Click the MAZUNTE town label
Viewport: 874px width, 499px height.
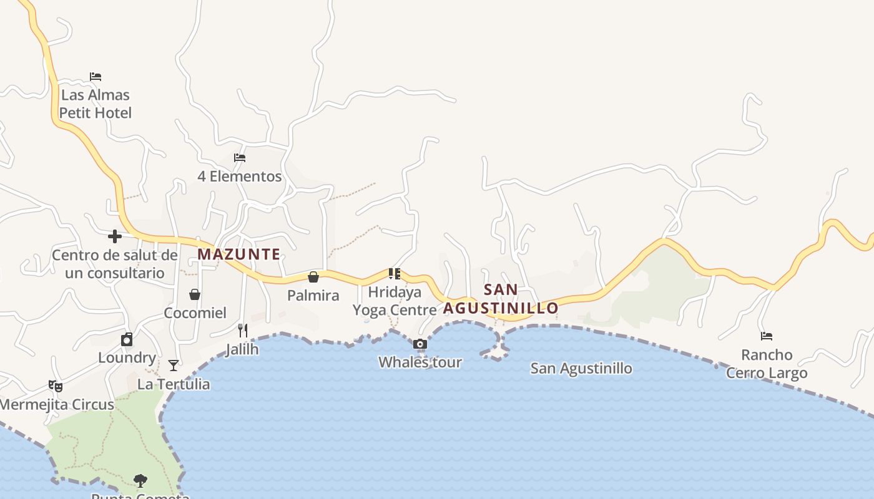point(239,254)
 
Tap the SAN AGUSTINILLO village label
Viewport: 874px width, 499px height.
point(501,299)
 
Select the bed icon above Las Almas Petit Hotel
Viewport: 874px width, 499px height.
point(96,77)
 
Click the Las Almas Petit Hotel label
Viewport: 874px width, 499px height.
point(96,104)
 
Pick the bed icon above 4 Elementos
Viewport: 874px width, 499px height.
point(239,158)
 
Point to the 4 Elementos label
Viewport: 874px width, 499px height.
point(240,177)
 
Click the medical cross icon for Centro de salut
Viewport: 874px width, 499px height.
point(115,236)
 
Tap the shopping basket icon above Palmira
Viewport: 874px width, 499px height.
point(313,277)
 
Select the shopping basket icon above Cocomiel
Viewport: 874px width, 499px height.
point(195,294)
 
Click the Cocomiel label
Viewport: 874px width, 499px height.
point(195,312)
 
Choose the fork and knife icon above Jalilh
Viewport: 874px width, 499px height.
point(243,331)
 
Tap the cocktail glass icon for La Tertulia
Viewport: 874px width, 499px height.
point(174,366)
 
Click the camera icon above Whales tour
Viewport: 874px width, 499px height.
point(420,344)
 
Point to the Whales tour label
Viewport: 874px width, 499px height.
point(420,362)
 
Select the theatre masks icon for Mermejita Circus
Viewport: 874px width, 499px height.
point(56,386)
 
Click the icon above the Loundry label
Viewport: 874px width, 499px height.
point(127,339)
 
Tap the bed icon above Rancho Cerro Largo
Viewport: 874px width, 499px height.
point(767,336)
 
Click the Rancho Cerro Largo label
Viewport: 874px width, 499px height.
point(767,364)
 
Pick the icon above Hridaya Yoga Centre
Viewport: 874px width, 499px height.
point(394,273)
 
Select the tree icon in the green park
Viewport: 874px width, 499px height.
point(140,480)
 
